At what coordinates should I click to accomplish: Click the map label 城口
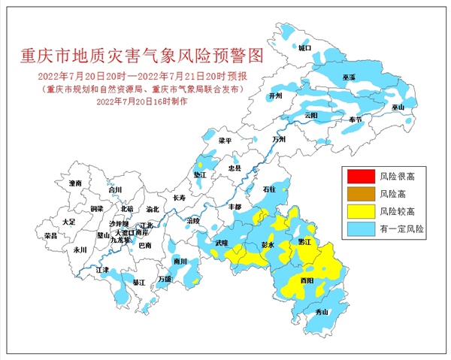pos(304,47)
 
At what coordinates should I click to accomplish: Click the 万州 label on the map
pos(280,140)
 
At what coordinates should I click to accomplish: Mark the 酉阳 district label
pos(307,280)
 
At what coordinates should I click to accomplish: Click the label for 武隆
pos(221,244)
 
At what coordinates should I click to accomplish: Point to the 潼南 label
pos(74,183)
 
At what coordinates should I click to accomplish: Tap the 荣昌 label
pos(51,235)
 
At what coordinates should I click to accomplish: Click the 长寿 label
pos(180,198)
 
